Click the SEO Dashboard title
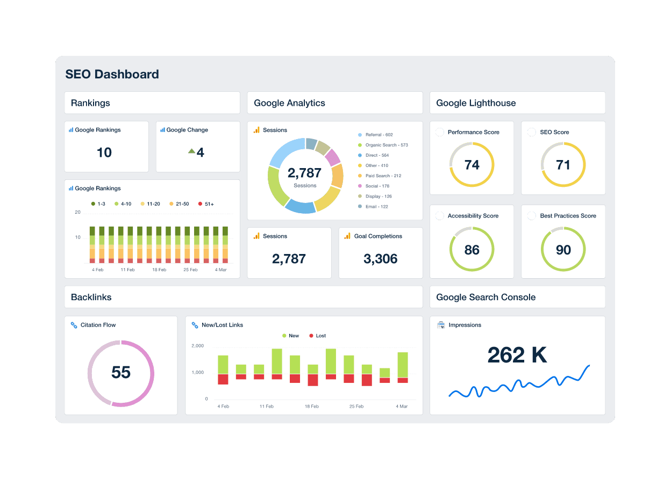112,74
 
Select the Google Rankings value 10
104,153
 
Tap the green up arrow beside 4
191,151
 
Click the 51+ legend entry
206,204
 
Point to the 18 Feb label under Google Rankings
159,270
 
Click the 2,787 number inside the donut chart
304,173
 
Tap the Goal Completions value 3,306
380,259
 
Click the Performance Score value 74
472,165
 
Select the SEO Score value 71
563,165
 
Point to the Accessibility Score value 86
472,250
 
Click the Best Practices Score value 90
563,250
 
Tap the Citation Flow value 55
121,373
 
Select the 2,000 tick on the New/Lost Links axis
197,346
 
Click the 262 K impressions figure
517,355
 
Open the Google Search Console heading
486,297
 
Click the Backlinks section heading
91,297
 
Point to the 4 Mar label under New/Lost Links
402,407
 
